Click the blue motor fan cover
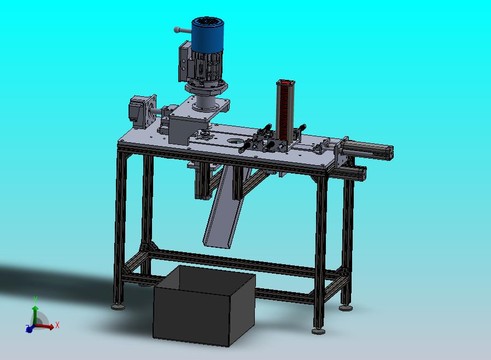[207, 34]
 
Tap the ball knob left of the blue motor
[177, 30]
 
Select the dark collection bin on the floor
[204, 305]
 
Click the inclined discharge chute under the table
[224, 207]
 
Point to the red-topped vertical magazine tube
[285, 109]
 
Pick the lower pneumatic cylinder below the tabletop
[350, 172]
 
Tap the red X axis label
[57, 325]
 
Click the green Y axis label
[36, 299]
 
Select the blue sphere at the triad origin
[29, 329]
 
